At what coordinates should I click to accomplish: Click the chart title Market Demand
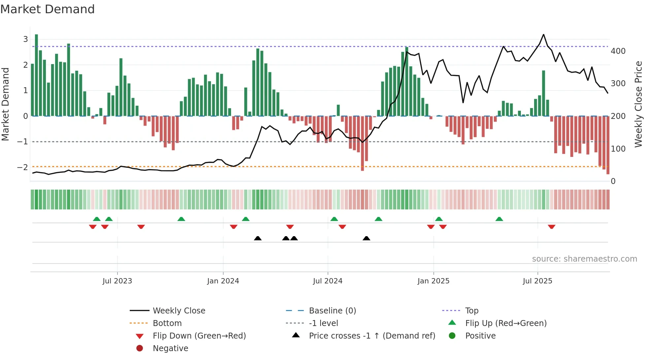pyautogui.click(x=48, y=9)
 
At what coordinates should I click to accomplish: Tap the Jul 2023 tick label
pyautogui.click(x=117, y=281)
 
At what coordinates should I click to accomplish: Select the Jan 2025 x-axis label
pyautogui.click(x=433, y=281)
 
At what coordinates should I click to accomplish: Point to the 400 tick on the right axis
pyautogui.click(x=618, y=51)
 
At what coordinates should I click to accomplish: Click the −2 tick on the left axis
pyautogui.click(x=22, y=167)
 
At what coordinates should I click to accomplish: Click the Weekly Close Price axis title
pyautogui.click(x=638, y=104)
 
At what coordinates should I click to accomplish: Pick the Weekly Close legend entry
pyautogui.click(x=179, y=311)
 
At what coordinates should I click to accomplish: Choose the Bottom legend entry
pyautogui.click(x=167, y=323)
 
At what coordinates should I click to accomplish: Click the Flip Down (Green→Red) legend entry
pyautogui.click(x=199, y=336)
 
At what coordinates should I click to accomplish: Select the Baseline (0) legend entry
pyautogui.click(x=332, y=311)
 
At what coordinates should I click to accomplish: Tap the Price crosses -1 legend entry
pyautogui.click(x=372, y=336)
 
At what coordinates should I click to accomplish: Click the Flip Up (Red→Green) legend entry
pyautogui.click(x=506, y=323)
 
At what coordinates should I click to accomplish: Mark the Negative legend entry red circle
pyautogui.click(x=140, y=348)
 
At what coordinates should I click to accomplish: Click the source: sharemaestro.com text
pyautogui.click(x=584, y=259)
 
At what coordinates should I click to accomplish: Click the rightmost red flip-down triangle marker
pyautogui.click(x=552, y=227)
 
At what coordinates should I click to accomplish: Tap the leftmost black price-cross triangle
pyautogui.click(x=258, y=238)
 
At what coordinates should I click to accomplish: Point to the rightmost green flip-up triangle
pyautogui.click(x=499, y=219)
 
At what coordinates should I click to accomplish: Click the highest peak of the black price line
pyautogui.click(x=543, y=34)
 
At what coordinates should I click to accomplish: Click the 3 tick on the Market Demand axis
pyautogui.click(x=25, y=39)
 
